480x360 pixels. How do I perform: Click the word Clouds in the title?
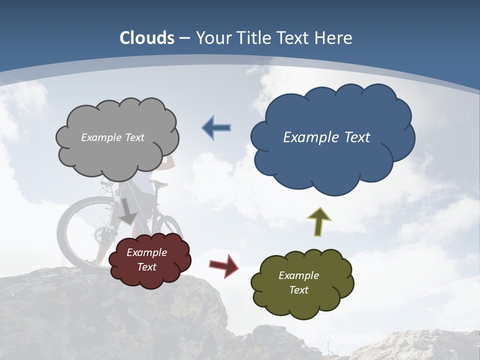click(147, 38)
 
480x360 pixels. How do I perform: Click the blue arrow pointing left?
click(216, 128)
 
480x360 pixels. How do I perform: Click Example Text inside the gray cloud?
click(112, 137)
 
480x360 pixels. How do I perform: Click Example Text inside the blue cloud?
click(326, 137)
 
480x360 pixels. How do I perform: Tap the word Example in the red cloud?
click(146, 252)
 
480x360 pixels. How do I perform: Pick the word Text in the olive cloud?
click(298, 290)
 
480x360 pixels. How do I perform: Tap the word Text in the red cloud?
click(147, 267)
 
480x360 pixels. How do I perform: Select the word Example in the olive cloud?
click(298, 275)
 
